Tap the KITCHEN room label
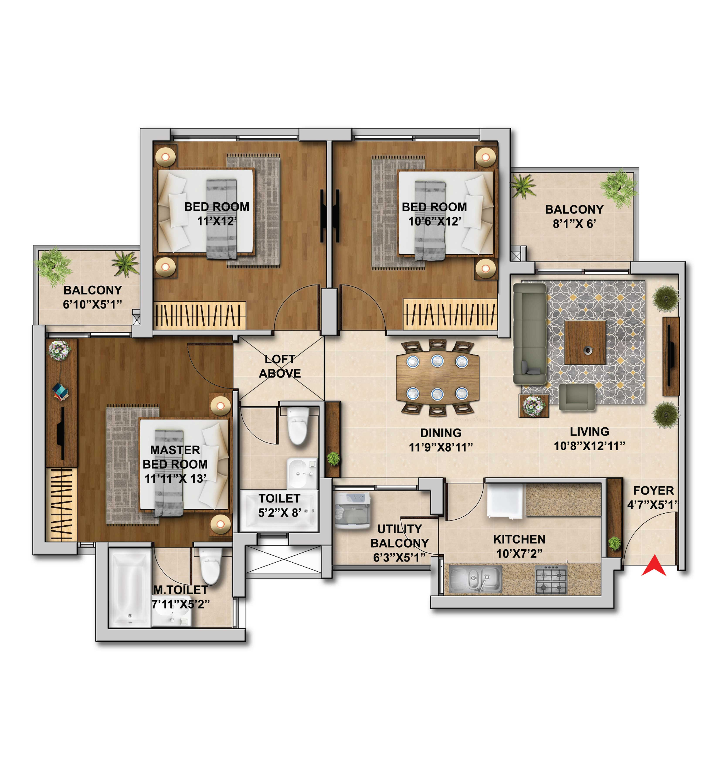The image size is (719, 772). (x=519, y=539)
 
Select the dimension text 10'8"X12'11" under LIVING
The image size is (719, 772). (x=589, y=446)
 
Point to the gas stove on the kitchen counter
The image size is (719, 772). (x=551, y=579)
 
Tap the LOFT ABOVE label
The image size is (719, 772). (x=280, y=366)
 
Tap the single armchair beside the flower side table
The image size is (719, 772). (x=576, y=397)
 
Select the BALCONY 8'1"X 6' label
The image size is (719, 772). (x=574, y=216)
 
